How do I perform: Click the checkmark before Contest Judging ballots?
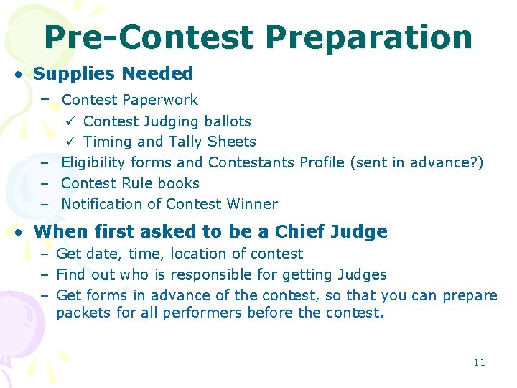pyautogui.click(x=70, y=121)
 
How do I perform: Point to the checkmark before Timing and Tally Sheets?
pyautogui.click(x=70, y=142)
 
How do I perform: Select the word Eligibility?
pyautogui.click(x=93, y=162)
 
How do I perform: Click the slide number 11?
pyautogui.click(x=480, y=362)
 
